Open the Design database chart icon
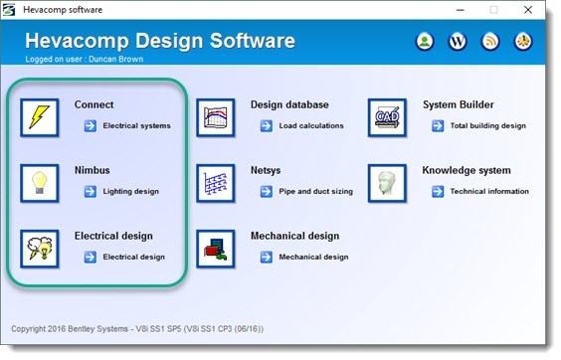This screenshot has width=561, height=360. coord(216,116)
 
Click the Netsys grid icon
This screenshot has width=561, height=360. coord(216,182)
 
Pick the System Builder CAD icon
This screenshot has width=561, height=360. coord(387,116)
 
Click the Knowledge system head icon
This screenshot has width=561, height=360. coord(387,182)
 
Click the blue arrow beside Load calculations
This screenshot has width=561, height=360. coord(267,126)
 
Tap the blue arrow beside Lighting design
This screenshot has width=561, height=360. coord(90,191)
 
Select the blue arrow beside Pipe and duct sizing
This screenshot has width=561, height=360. coord(267,191)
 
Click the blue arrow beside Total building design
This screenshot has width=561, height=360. coord(438,126)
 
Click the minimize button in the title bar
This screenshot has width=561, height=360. coord(458,10)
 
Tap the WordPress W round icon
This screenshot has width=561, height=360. coord(458,42)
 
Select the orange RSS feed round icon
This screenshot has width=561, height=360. coord(490,42)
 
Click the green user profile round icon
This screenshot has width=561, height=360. coord(425,42)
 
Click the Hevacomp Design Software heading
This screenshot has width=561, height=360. coord(159,41)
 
